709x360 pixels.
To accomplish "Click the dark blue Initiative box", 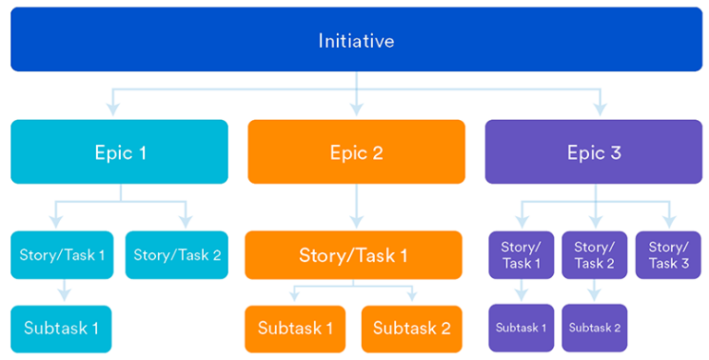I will tap(355, 41).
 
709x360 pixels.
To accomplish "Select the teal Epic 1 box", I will tap(120, 151).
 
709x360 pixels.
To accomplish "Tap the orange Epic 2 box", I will tap(356, 151).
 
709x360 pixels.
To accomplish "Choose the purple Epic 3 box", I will tap(594, 151).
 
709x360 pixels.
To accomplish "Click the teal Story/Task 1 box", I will tap(62, 255).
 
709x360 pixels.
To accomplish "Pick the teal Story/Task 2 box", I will tap(177, 255).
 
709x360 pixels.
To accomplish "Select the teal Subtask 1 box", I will tap(62, 328).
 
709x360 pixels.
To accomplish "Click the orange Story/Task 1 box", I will tap(354, 255).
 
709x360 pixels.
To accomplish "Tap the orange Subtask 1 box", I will tap(295, 328).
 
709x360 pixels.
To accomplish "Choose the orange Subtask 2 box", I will tap(412, 328).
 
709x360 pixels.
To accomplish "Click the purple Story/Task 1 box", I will tap(521, 255).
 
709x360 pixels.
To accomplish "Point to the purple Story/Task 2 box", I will tap(595, 255).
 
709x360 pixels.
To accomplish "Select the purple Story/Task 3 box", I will tap(668, 255).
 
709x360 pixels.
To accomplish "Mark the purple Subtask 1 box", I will tap(521, 328).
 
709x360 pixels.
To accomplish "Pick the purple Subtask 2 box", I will tap(595, 328).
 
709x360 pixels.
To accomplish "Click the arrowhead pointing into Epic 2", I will tap(356, 112).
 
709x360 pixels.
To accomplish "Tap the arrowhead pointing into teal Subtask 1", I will tap(63, 296).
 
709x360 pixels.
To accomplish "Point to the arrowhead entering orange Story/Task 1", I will tap(356, 222).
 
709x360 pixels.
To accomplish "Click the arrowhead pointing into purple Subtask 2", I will tap(595, 295).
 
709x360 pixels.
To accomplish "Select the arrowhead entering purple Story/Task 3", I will tap(668, 222).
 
